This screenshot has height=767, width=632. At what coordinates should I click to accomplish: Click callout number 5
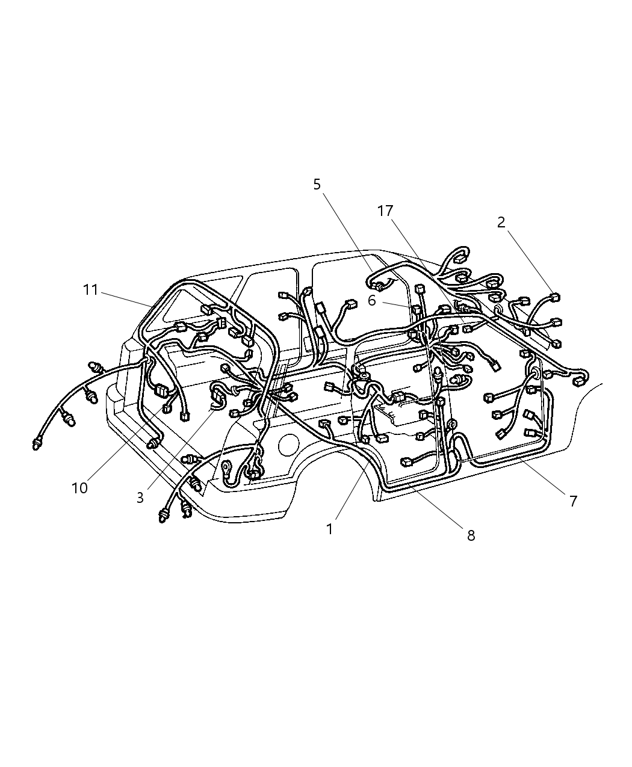point(317,185)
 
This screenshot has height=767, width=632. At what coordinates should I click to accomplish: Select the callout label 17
point(385,211)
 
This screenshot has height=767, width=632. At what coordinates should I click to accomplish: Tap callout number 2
point(501,223)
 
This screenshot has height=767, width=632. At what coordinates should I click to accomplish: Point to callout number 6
point(372,300)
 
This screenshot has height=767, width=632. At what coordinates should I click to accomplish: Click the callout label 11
point(90,290)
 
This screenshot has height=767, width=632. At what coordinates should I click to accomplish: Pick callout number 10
point(79,488)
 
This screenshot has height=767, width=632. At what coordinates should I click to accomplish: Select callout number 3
point(140,498)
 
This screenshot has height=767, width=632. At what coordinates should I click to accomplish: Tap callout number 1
point(329,529)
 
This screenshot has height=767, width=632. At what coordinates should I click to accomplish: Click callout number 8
point(471,535)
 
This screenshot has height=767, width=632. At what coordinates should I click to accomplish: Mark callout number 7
point(573,501)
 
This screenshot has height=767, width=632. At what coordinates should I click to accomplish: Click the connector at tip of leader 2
point(555,297)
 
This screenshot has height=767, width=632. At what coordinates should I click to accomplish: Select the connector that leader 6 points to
point(416,310)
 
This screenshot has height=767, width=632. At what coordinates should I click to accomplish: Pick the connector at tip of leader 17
point(467,328)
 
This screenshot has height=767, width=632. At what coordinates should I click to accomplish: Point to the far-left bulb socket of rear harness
point(38,444)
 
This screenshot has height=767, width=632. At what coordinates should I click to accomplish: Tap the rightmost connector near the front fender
point(581,380)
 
